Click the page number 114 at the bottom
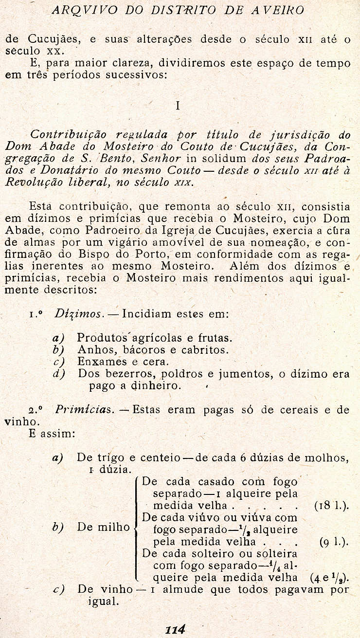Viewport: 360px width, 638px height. [176, 629]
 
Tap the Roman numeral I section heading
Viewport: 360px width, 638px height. [178, 106]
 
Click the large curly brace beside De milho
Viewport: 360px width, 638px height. [136, 528]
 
